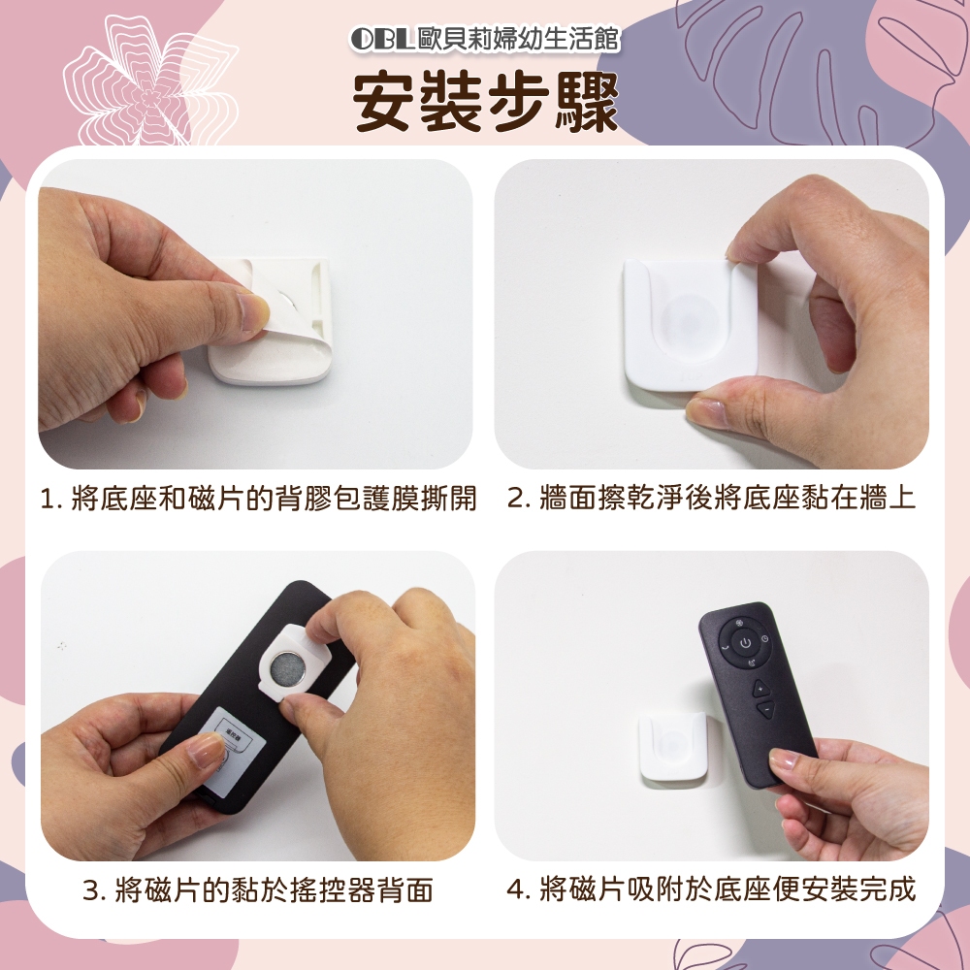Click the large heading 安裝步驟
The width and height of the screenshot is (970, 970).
486,102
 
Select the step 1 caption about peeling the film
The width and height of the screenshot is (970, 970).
258,498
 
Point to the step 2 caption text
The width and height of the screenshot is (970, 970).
711,498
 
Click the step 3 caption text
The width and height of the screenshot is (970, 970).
258,890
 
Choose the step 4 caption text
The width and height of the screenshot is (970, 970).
711,889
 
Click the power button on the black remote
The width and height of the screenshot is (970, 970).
745,644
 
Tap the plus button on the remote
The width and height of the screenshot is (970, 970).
760,688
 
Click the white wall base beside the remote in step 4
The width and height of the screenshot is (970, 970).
671,745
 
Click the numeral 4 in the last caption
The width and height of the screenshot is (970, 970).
515,890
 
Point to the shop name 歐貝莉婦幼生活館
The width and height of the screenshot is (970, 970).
518,39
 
